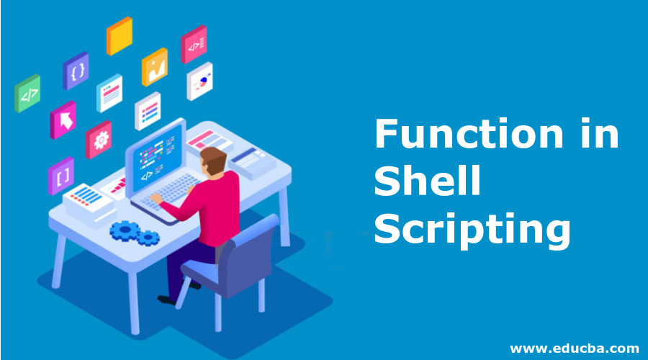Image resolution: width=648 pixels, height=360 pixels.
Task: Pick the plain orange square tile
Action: pos(119,36)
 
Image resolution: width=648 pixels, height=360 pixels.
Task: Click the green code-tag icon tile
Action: pos(27,94)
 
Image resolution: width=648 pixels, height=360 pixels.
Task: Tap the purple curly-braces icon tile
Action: pos(76,71)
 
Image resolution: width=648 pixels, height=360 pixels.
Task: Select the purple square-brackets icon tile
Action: pos(60,176)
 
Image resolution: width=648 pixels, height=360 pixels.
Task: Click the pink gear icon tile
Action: pos(99,140)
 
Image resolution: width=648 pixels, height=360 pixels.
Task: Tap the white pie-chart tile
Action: pos(199,82)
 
